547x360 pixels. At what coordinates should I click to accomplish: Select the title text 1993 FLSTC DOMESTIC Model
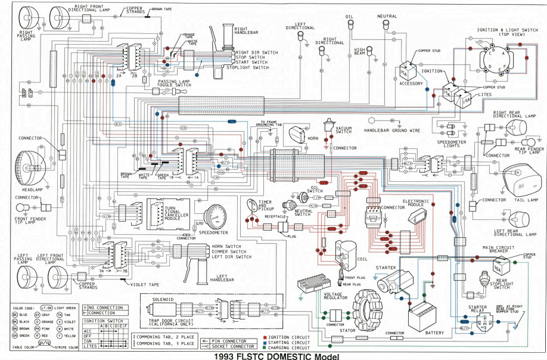[273, 355]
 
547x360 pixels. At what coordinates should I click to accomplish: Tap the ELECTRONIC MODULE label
[417, 203]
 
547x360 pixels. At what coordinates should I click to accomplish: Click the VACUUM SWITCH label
[344, 129]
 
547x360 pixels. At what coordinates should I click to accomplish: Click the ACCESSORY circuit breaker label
[411, 83]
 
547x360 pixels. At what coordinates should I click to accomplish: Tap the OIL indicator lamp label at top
[350, 17]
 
